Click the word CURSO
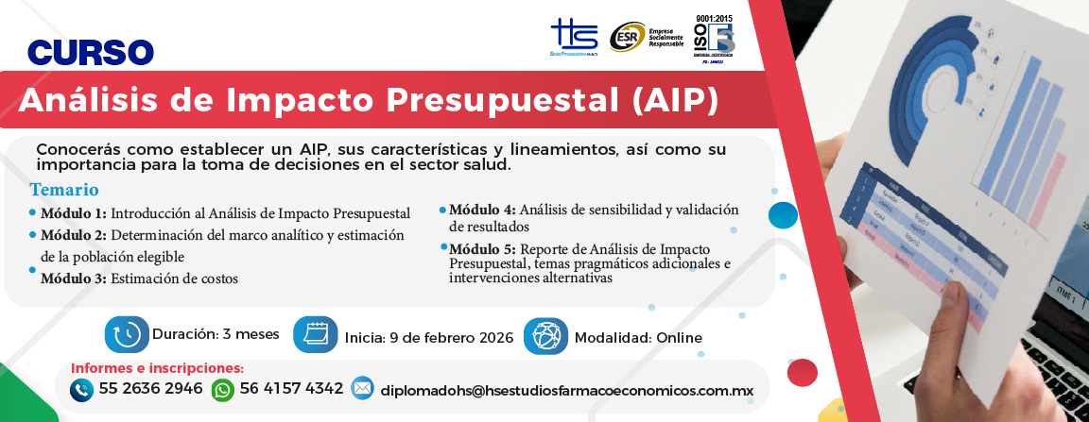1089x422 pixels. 91,52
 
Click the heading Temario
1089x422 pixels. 63,189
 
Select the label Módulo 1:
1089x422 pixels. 73,212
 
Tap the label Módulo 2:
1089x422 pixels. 73,235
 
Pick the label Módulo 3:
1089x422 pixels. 73,279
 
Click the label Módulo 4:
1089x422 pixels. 482,210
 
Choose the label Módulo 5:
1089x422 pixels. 482,248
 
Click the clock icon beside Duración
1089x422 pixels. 127,334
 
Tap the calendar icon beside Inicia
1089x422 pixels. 315,335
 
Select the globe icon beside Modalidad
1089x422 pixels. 545,336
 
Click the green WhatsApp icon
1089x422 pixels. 222,389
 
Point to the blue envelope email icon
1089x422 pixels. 362,388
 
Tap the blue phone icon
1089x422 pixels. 81,389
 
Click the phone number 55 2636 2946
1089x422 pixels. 150,389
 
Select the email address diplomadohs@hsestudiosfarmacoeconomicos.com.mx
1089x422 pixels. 560,390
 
